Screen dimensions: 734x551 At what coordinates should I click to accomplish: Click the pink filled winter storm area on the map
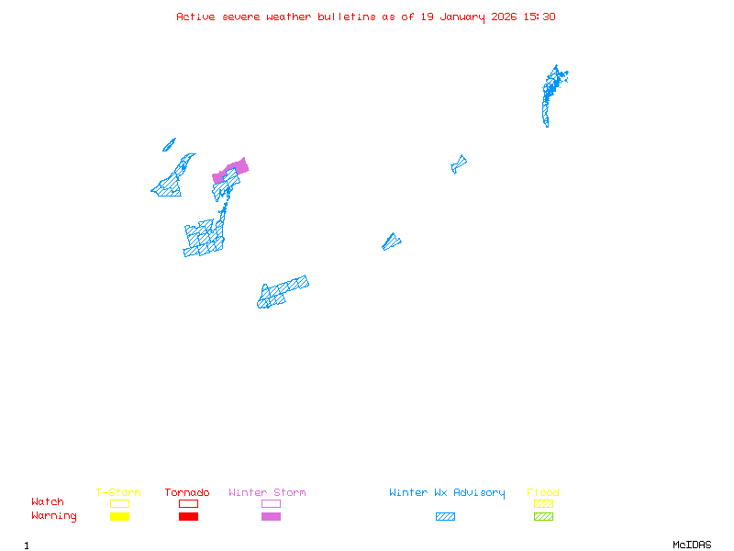point(237,168)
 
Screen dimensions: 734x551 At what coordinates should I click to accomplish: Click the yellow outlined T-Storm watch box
point(119,503)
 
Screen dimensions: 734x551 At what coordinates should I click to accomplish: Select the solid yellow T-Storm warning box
point(119,516)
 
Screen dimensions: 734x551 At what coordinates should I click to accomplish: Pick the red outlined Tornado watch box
point(188,503)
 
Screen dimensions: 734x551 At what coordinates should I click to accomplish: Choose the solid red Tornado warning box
point(188,516)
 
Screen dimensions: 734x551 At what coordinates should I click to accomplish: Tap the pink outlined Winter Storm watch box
point(271,503)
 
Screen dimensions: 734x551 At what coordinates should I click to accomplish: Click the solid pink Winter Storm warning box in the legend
point(271,516)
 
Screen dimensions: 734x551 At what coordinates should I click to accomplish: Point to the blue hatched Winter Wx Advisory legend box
point(445,516)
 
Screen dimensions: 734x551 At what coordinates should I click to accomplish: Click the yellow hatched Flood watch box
point(543,503)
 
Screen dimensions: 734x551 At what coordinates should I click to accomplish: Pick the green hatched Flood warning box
point(543,516)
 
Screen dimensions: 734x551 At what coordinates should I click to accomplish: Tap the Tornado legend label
point(187,493)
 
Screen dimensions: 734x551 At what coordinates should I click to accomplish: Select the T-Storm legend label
point(118,493)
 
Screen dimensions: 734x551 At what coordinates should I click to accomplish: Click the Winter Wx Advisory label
point(447,493)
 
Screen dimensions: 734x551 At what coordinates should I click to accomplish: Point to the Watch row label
point(48,502)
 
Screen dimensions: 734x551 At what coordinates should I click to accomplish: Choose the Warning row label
point(54,516)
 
